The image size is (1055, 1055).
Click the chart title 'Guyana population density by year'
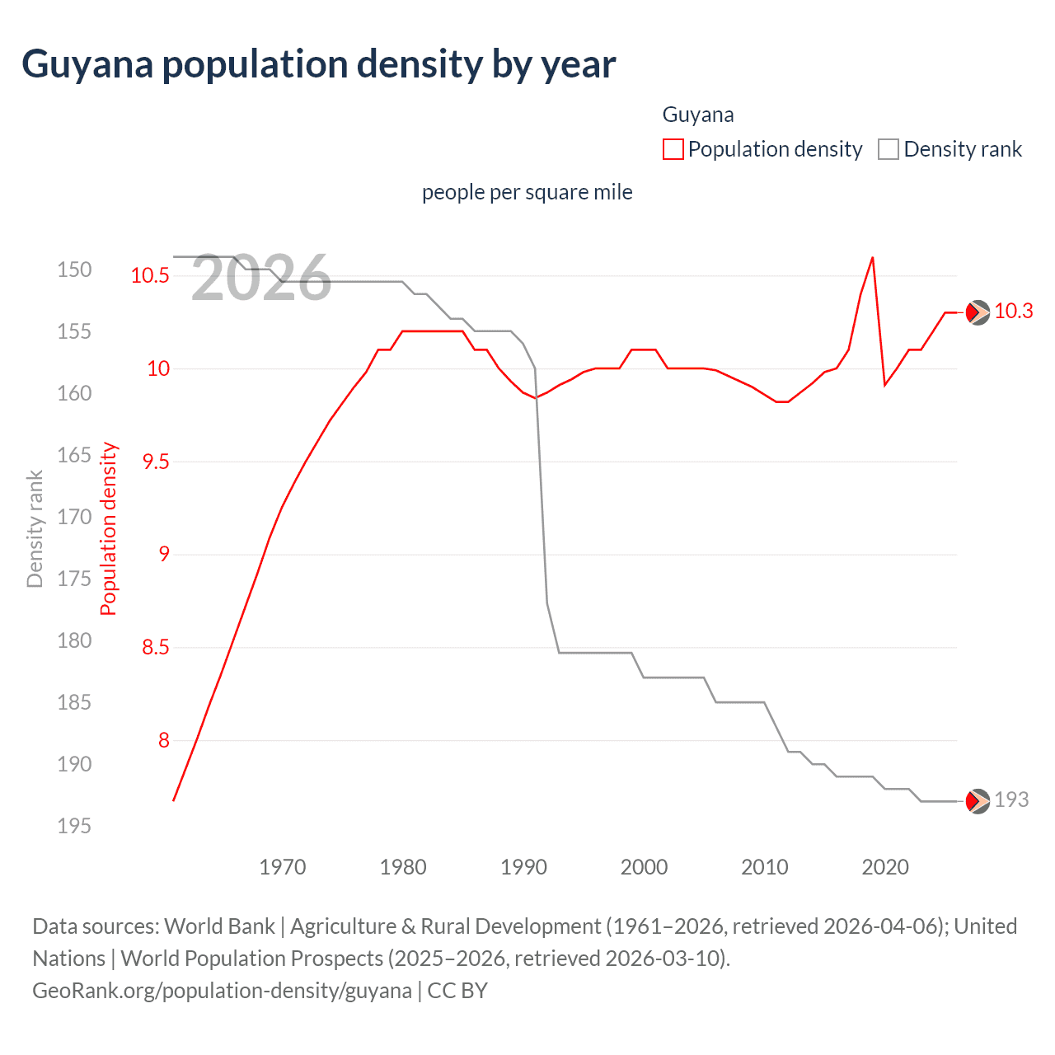pos(318,64)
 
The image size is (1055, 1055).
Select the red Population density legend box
pos(673,149)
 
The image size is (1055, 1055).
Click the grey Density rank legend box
pos(889,149)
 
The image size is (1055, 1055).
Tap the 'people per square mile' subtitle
pos(527,192)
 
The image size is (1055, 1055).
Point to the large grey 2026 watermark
pos(260,279)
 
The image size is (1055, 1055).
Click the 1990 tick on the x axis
pos(523,867)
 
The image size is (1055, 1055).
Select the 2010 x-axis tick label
pos(764,867)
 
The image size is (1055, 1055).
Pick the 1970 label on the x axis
pos(282,867)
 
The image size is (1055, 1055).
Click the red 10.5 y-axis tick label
pos(149,275)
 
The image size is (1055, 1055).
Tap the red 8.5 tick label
pos(155,648)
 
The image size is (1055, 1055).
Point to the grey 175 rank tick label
pos(74,579)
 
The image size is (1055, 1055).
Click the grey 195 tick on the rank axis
pos(74,826)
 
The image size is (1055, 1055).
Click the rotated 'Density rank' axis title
pos(35,529)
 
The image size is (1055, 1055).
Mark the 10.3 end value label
pos(1013,311)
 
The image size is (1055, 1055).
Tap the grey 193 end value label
pos(1011,799)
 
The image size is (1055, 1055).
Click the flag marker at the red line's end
pos(977,312)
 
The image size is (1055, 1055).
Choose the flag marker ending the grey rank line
pos(977,800)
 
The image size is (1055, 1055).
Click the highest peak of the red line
pos(872,258)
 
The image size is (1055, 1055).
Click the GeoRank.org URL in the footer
pos(222,990)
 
